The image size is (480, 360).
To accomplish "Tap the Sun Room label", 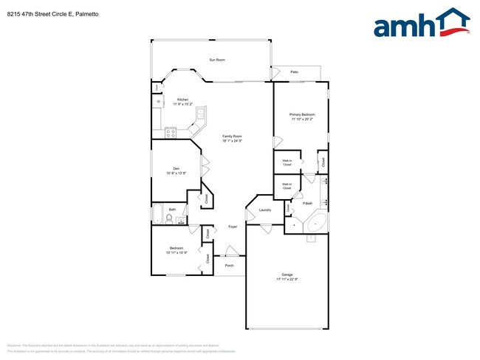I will point(216,59).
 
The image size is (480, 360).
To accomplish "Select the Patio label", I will point(294,72).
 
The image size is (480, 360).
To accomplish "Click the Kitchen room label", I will point(182,100).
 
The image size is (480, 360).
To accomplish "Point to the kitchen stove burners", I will point(171,133).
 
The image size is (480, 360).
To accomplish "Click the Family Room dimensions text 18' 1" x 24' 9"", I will point(233,140).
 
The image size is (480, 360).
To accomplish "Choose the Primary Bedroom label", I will point(302,114).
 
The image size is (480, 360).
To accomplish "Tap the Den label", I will point(176,169).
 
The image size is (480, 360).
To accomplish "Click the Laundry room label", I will point(264,210).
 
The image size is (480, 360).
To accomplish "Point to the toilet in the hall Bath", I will point(169,218).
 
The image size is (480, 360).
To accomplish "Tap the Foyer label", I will point(233,226).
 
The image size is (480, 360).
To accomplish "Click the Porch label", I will point(229,266).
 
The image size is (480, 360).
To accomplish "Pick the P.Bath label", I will point(306,204).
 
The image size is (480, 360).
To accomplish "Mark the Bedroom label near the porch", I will point(176,248).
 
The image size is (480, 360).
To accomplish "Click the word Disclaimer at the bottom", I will point(14,345).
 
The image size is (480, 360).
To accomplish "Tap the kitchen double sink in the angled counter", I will point(199,114).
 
